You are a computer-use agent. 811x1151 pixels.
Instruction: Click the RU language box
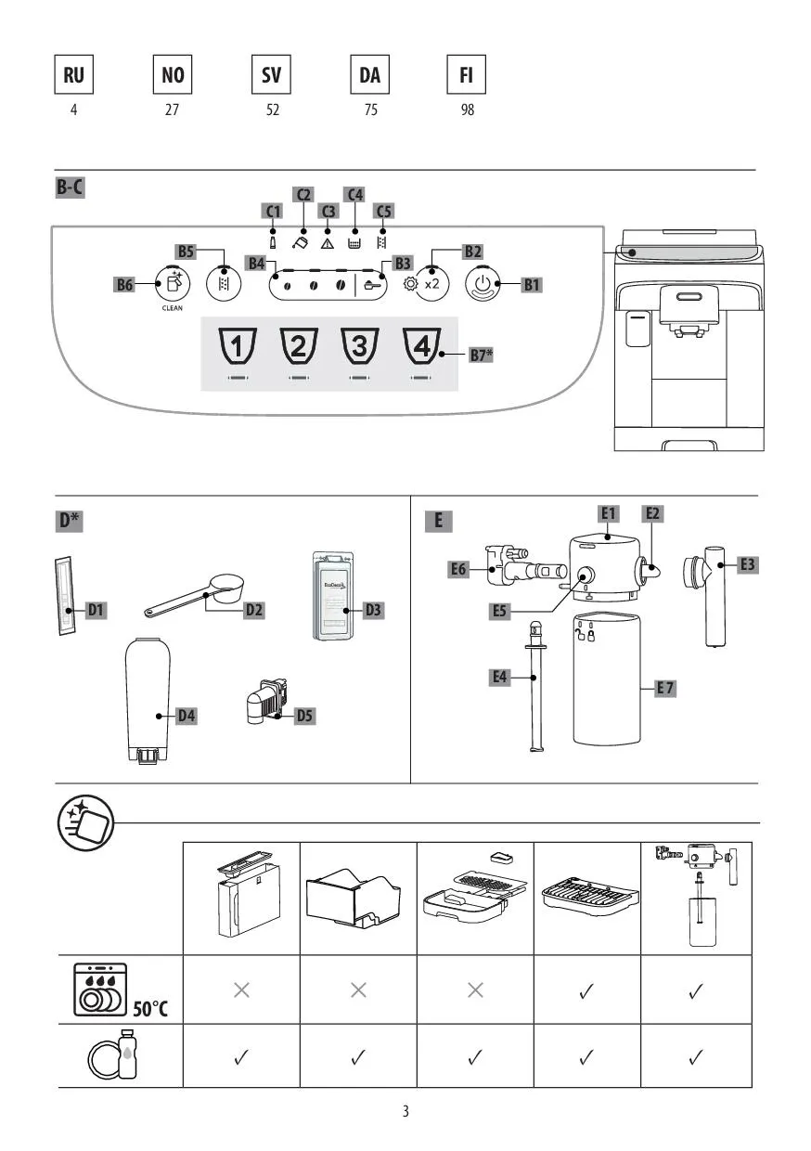click(x=73, y=75)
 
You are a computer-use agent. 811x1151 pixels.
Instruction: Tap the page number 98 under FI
click(x=467, y=110)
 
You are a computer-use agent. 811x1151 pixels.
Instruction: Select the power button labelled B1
click(x=483, y=283)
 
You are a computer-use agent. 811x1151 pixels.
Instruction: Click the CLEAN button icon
click(x=173, y=282)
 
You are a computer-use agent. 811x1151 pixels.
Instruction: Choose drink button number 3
click(x=360, y=347)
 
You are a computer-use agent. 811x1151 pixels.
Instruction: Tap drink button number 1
click(x=237, y=347)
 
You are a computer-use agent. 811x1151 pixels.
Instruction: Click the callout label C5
click(x=383, y=211)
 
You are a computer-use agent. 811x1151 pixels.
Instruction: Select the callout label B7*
click(x=480, y=355)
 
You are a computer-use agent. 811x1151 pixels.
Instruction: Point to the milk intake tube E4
click(x=534, y=687)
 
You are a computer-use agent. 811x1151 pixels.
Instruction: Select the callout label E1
click(x=609, y=512)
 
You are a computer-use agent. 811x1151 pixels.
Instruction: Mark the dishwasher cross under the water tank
click(x=241, y=990)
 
